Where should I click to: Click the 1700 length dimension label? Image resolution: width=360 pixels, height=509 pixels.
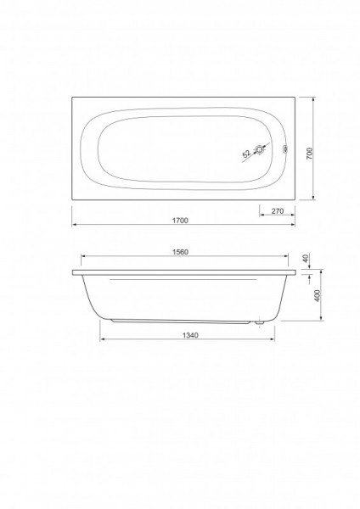click(x=180, y=221)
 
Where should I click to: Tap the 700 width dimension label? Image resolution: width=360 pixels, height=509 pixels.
click(x=309, y=154)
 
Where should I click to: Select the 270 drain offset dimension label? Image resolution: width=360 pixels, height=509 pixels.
click(x=278, y=211)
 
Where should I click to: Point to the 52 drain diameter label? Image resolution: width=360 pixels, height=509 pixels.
click(x=246, y=154)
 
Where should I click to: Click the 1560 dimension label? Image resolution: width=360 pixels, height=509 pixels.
click(x=180, y=252)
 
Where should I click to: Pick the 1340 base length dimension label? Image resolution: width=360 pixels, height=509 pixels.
click(x=190, y=335)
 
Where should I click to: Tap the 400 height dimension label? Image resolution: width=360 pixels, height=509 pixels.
click(x=318, y=295)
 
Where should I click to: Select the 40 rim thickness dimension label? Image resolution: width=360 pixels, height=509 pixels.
click(x=305, y=259)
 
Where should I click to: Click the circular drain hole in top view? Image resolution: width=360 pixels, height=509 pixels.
click(x=260, y=149)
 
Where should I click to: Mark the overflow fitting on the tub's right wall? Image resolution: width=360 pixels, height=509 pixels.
click(x=285, y=149)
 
